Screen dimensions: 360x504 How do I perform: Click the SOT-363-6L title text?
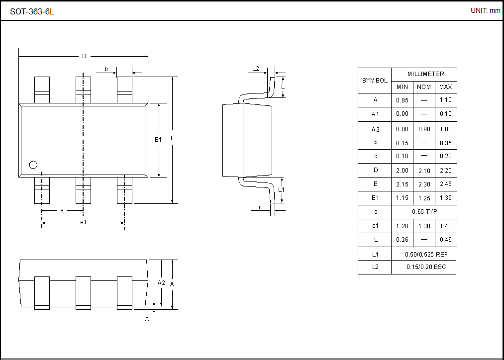pyautogui.click(x=32, y=11)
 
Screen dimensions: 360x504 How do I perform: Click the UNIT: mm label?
pyautogui.click(x=485, y=10)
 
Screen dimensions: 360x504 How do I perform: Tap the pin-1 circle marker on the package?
pyautogui.click(x=33, y=165)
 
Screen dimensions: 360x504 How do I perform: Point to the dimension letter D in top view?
pyautogui.click(x=84, y=56)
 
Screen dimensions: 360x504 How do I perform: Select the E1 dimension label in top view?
pyautogui.click(x=158, y=140)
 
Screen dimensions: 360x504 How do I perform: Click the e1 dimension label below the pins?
pyautogui.click(x=84, y=222)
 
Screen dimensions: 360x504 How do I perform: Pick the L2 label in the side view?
pyautogui.click(x=256, y=68)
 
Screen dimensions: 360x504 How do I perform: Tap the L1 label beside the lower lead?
pyautogui.click(x=281, y=189)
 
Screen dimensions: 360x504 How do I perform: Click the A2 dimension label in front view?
pyautogui.click(x=161, y=282)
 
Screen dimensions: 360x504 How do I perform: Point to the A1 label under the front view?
pyautogui.click(x=148, y=318)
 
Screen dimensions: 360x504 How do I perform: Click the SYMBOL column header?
pyautogui.click(x=375, y=81)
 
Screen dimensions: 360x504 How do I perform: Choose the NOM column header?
pyautogui.click(x=424, y=87)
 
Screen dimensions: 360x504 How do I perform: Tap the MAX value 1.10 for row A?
pyautogui.click(x=446, y=100)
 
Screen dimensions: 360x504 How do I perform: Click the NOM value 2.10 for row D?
pyautogui.click(x=424, y=170)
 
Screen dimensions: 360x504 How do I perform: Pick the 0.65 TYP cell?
pyautogui.click(x=424, y=212)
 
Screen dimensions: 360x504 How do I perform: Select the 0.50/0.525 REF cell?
pyautogui.click(x=424, y=254)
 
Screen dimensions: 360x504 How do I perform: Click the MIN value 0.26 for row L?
pyautogui.click(x=402, y=240)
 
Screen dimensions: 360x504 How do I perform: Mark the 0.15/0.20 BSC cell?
pyautogui.click(x=424, y=267)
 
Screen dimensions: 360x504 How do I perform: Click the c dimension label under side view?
pyautogui.click(x=260, y=207)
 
